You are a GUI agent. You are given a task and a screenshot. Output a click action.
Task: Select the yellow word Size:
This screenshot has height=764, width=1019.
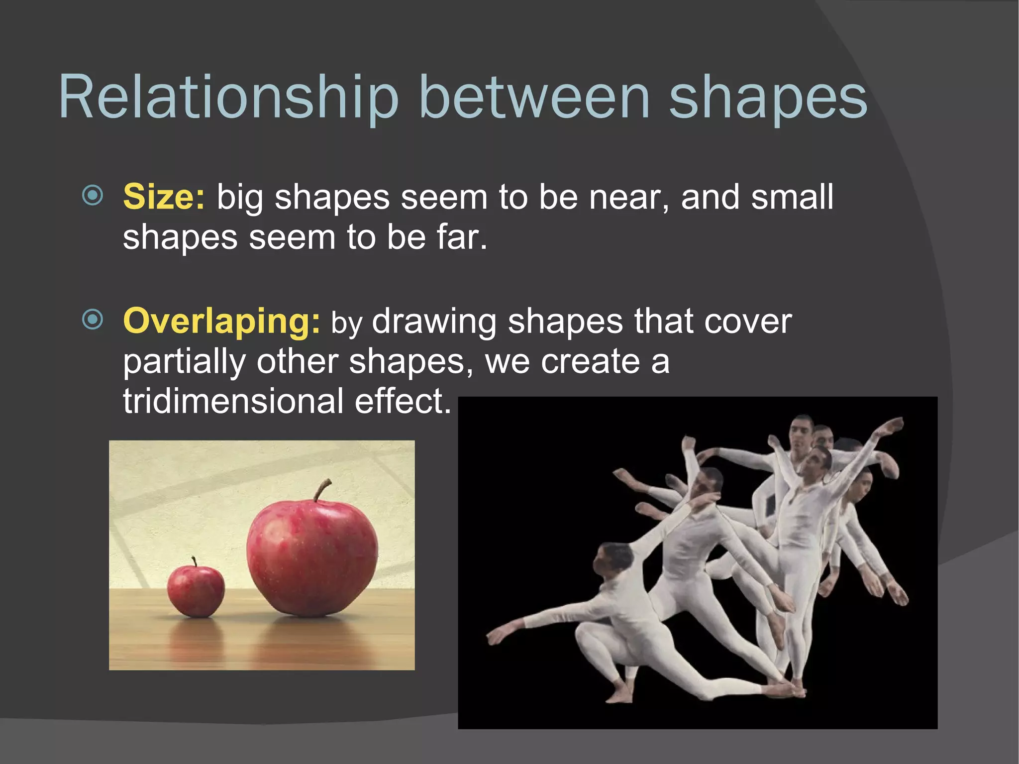tap(164, 197)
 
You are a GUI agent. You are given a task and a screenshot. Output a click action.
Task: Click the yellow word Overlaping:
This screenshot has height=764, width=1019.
tap(221, 321)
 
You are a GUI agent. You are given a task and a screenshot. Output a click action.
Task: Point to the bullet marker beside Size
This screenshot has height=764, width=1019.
tap(93, 195)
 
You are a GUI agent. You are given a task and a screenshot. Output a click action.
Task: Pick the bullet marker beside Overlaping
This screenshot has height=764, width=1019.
tap(93, 320)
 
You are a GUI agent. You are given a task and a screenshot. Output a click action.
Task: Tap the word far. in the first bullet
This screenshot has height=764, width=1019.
tap(462, 237)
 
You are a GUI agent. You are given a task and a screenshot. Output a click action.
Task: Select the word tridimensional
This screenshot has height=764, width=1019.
tap(233, 401)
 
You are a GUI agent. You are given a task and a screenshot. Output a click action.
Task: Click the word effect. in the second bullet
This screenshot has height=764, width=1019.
tap(403, 401)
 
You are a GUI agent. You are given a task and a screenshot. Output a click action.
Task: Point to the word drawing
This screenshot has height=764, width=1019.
tap(434, 322)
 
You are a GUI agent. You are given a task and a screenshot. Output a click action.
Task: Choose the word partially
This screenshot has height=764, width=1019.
tap(184, 362)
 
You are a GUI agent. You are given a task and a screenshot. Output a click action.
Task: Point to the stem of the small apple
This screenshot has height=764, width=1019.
tap(194, 561)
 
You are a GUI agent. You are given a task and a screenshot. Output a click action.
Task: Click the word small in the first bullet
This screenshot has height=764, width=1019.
tap(792, 197)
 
